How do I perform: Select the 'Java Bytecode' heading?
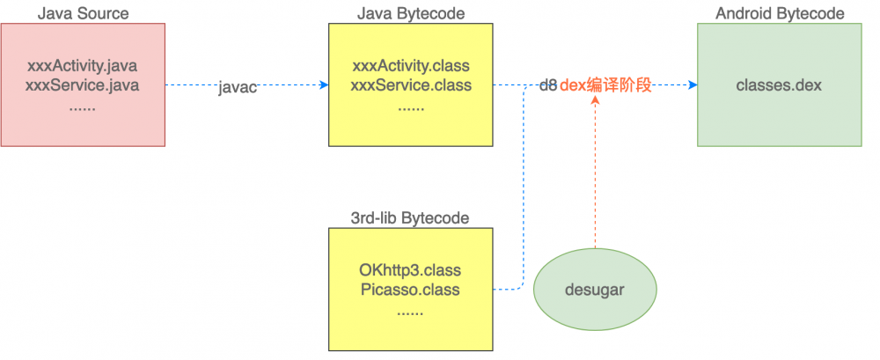click(410, 13)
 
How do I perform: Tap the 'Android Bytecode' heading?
click(780, 13)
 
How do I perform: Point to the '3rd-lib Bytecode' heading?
click(410, 218)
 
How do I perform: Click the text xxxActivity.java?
click(83, 66)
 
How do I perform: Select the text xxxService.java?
click(83, 85)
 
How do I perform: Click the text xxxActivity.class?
click(410, 66)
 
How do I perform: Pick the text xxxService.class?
click(410, 85)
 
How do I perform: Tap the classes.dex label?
click(779, 85)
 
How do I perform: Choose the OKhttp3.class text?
click(410, 269)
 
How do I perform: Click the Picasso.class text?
click(410, 290)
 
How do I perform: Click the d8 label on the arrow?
click(548, 86)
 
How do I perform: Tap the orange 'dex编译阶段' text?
click(606, 86)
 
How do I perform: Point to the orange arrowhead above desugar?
click(596, 100)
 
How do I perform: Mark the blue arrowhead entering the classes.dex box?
click(692, 85)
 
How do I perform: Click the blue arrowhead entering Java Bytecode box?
click(324, 85)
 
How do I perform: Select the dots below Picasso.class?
click(410, 310)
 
